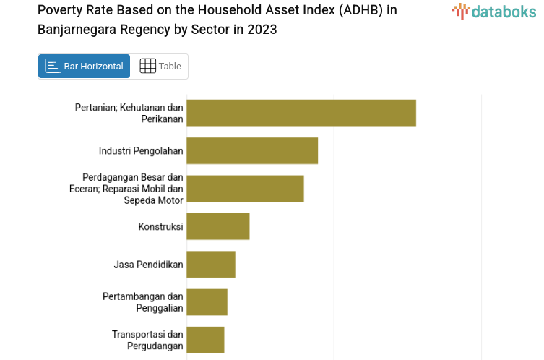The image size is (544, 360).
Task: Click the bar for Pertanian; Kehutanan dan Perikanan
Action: click(301, 113)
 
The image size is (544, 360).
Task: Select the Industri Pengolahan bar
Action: click(252, 150)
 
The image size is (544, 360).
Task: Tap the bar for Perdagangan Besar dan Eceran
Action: click(245, 188)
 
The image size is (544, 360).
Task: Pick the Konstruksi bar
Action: click(217, 226)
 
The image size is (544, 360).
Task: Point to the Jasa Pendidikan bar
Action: click(211, 264)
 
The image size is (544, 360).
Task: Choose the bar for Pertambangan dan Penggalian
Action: click(207, 302)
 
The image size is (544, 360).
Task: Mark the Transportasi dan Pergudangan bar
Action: click(205, 340)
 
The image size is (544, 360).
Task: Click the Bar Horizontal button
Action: click(84, 66)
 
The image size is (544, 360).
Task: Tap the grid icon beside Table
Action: click(147, 66)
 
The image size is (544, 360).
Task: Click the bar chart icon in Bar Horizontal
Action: click(52, 66)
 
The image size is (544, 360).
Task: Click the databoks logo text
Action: click(504, 11)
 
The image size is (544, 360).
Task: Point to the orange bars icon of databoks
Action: click(460, 11)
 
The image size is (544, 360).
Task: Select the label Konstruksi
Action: click(160, 226)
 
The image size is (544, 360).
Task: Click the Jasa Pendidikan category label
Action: click(148, 265)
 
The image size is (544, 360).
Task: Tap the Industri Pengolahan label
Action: click(141, 150)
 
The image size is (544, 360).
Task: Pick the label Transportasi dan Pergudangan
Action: click(147, 340)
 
